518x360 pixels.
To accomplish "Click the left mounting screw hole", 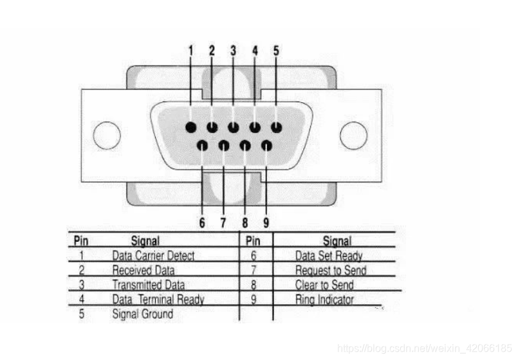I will (x=107, y=135).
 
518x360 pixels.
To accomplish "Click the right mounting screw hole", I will (x=353, y=135).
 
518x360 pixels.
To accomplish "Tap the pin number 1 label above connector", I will (x=190, y=50).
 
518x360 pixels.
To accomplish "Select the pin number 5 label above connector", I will (x=276, y=50).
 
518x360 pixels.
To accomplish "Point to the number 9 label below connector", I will (x=266, y=222).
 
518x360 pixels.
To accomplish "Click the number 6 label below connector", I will (x=202, y=222).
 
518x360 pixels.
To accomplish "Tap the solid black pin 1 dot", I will (x=190, y=127).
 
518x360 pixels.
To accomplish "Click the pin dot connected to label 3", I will (x=234, y=127).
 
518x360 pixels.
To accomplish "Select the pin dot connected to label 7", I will (x=223, y=145).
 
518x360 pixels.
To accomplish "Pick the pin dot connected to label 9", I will (x=266, y=145).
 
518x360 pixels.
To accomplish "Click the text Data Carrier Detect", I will (x=153, y=256).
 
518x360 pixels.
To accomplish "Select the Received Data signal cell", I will (x=143, y=270).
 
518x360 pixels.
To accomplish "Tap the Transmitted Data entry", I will (x=148, y=285).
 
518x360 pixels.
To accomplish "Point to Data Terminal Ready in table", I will (x=158, y=300).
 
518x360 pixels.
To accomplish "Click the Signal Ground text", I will (x=142, y=314).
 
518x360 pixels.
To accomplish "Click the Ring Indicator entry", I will (x=324, y=300).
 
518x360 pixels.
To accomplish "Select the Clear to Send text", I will (x=324, y=285).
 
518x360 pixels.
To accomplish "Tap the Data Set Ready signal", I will (x=329, y=256).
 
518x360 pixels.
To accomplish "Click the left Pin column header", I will (x=81, y=241).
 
